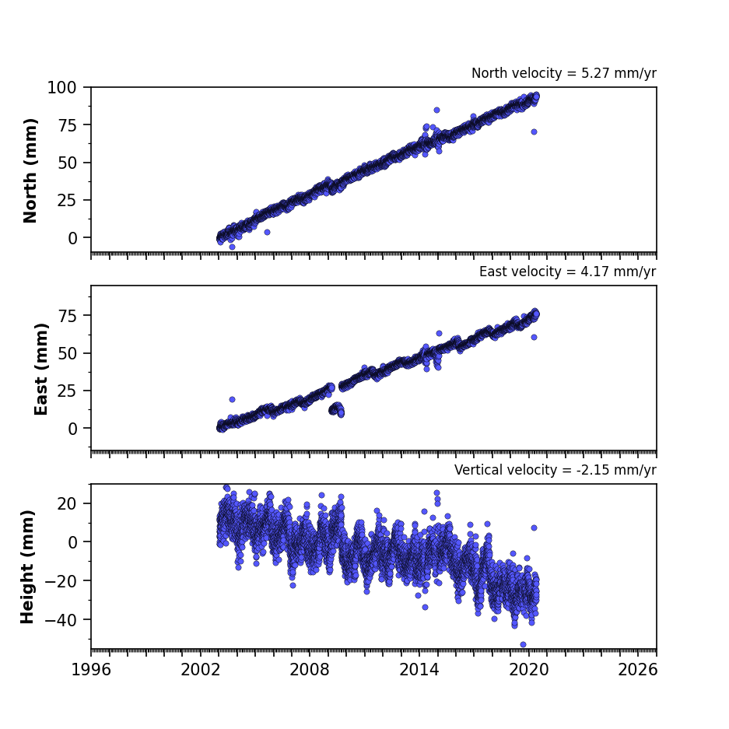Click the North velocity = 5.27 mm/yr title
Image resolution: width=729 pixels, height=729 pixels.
pyautogui.click(x=564, y=73)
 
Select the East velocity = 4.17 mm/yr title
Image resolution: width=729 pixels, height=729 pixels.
pyautogui.click(x=568, y=272)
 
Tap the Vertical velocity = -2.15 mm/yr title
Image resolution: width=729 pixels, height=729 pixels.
pyautogui.click(x=556, y=470)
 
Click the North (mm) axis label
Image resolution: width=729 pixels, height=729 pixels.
pyautogui.click(x=30, y=170)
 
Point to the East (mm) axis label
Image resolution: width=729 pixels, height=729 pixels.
pyautogui.click(x=41, y=369)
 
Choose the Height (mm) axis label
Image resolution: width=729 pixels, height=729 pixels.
pyautogui.click(x=27, y=566)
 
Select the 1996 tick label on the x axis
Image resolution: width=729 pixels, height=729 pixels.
pyautogui.click(x=91, y=670)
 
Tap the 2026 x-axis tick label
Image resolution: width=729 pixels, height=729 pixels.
pyautogui.click(x=638, y=670)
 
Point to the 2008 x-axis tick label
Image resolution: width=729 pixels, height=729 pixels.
pyautogui.click(x=310, y=670)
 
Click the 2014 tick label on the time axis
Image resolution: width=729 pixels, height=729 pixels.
pyautogui.click(x=419, y=670)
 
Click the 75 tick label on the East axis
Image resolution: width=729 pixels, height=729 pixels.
pyautogui.click(x=68, y=316)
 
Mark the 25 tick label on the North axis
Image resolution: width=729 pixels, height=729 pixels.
pyautogui.click(x=68, y=200)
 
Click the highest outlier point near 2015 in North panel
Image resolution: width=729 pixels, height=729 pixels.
pyautogui.click(x=437, y=110)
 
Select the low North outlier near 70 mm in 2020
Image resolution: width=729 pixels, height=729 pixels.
pyautogui.click(x=534, y=132)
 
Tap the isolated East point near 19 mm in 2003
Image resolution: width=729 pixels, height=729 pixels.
pyautogui.click(x=233, y=399)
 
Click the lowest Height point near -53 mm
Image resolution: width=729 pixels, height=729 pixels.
pyautogui.click(x=523, y=644)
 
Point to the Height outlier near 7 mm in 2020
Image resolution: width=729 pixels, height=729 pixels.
pyautogui.click(x=534, y=527)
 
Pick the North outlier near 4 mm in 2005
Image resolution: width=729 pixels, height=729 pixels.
pyautogui.click(x=268, y=232)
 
